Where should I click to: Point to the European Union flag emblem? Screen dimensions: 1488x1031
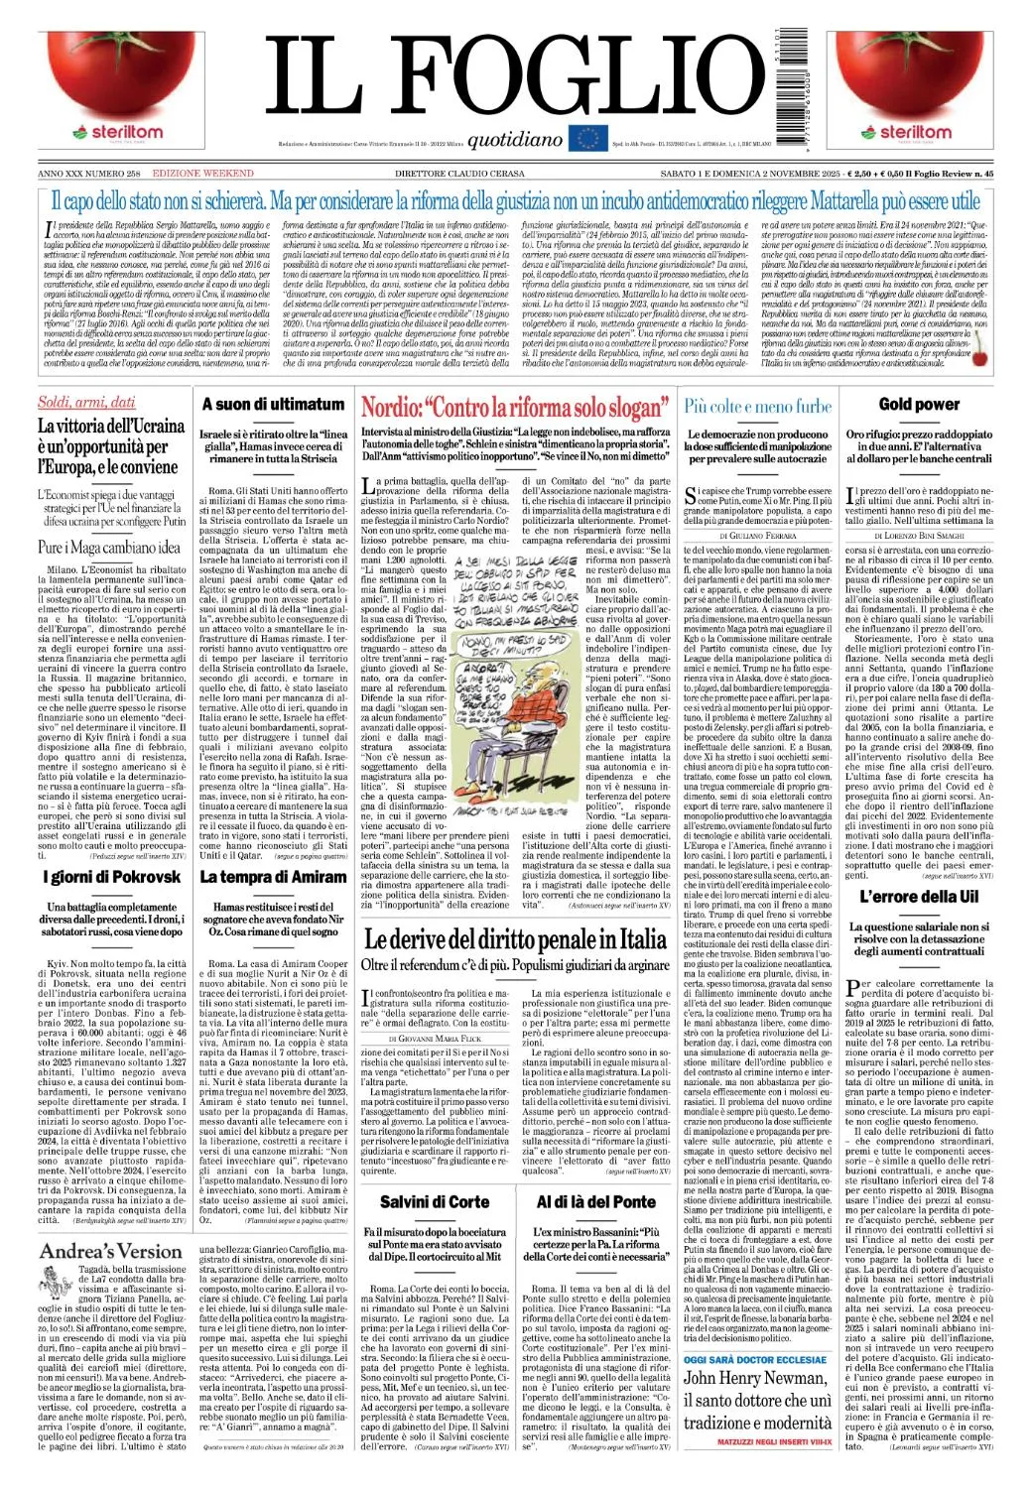click(x=586, y=137)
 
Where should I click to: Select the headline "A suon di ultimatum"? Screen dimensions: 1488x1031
click(x=273, y=405)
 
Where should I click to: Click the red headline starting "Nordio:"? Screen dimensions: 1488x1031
click(x=515, y=408)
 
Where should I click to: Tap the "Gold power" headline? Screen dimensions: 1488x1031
click(x=919, y=405)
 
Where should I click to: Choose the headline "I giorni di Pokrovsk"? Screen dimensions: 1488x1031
click(x=112, y=877)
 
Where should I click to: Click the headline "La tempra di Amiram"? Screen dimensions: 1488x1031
click(x=273, y=877)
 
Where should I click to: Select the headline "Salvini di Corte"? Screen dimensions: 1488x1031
click(x=435, y=1201)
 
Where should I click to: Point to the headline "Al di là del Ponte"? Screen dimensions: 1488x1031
click(x=595, y=1201)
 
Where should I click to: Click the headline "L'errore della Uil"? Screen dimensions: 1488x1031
click(x=919, y=897)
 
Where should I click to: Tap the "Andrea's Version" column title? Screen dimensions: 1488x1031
click(x=111, y=1251)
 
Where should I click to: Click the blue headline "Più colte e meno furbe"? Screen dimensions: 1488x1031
click(x=757, y=406)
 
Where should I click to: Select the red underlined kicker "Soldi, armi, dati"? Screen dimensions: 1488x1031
click(x=86, y=402)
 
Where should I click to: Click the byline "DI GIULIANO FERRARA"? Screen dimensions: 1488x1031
click(x=757, y=535)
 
